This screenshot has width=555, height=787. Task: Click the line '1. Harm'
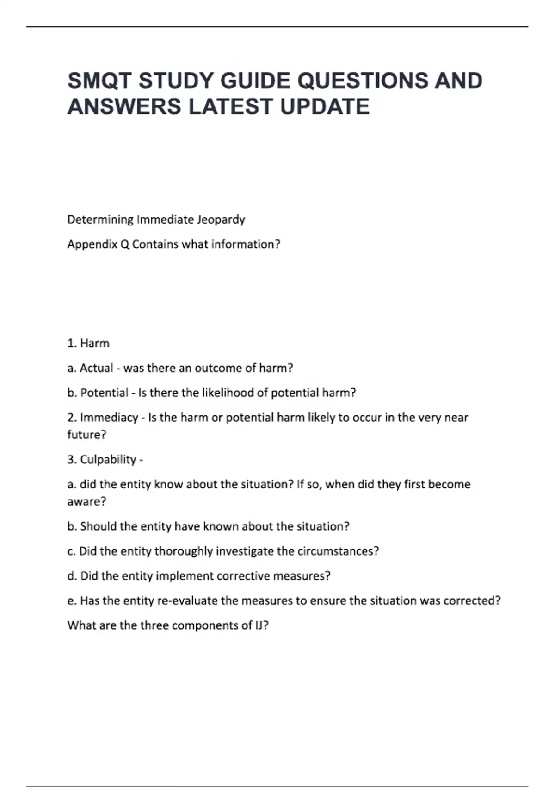(88, 343)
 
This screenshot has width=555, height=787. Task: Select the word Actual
(96, 368)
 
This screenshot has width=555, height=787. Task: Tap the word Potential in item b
(105, 393)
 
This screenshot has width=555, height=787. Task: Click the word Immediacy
(109, 418)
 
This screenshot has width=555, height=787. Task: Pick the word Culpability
(108, 459)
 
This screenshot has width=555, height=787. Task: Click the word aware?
(86, 501)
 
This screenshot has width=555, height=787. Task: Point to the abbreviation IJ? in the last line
(262, 625)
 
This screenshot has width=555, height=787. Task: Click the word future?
(86, 435)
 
